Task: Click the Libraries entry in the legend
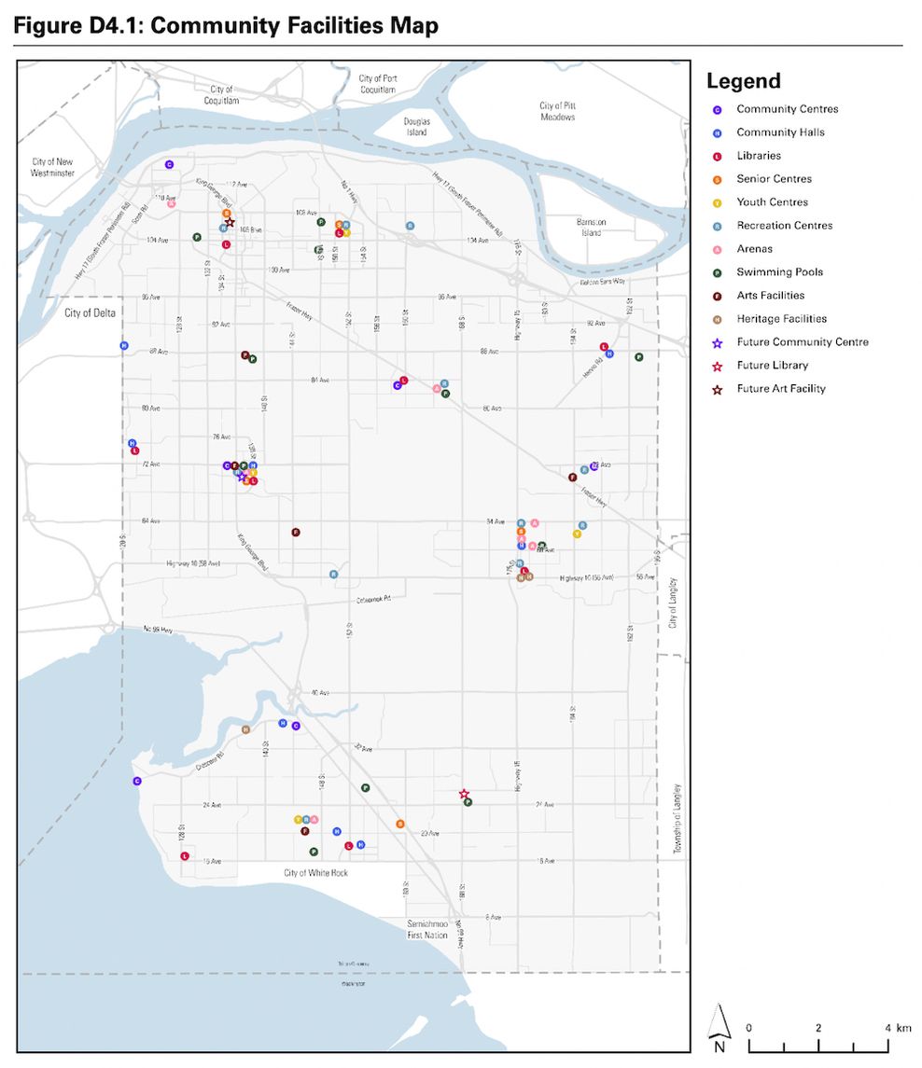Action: (758, 156)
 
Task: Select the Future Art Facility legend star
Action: (717, 389)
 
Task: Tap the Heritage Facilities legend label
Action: (781, 319)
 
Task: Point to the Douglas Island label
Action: (416, 126)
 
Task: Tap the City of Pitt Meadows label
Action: (557, 111)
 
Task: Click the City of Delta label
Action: (90, 313)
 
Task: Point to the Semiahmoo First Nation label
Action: (427, 929)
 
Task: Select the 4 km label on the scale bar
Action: (901, 1028)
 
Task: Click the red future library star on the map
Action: (464, 794)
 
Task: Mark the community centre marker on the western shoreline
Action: (136, 782)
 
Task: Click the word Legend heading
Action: (743, 81)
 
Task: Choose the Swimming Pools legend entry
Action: (779, 272)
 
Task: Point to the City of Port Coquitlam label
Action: (377, 84)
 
